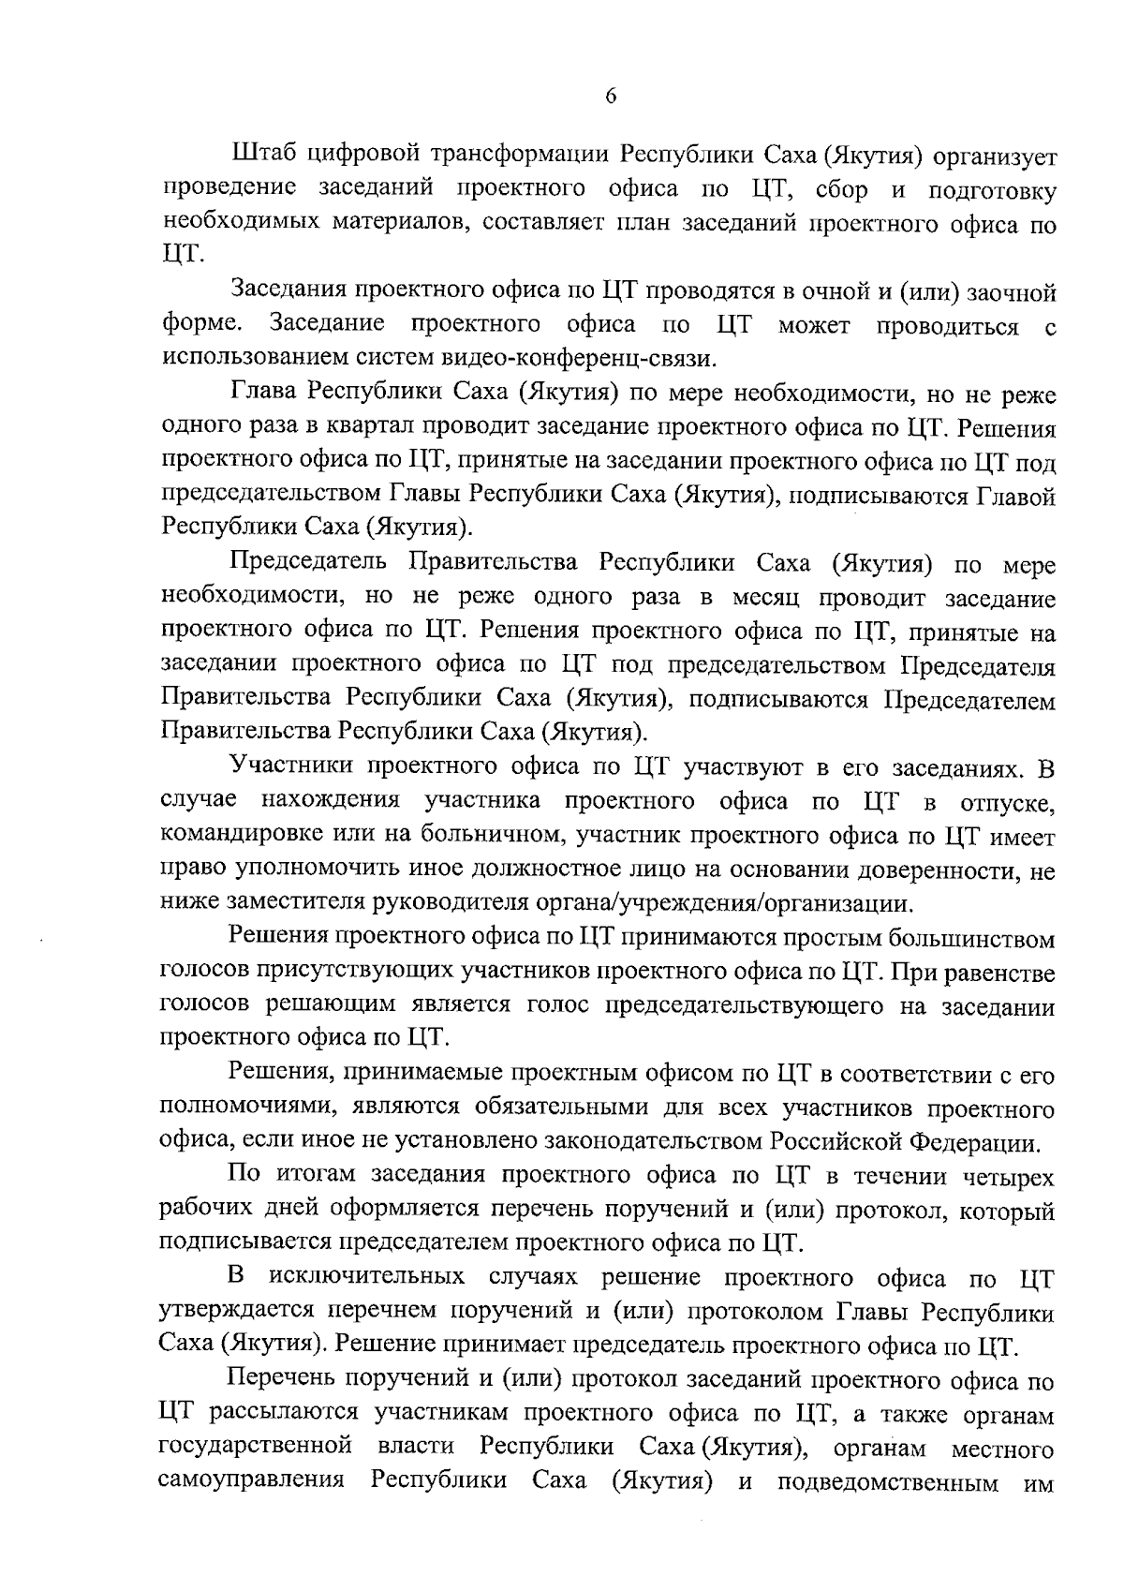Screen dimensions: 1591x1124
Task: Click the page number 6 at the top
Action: [x=610, y=97]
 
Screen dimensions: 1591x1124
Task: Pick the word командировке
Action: [x=247, y=837]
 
